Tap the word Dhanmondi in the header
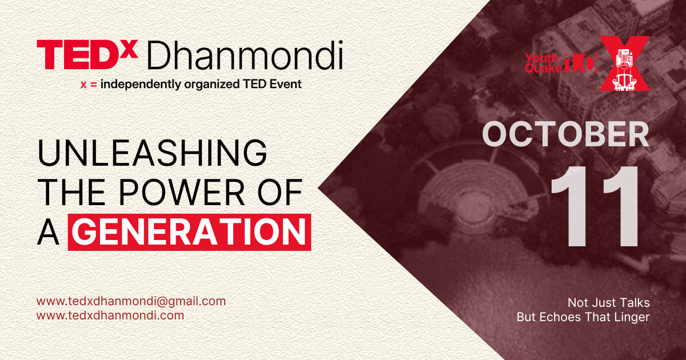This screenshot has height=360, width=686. (245, 55)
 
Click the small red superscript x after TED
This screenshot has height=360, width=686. (128, 49)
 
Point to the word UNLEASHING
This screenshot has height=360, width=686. (152, 153)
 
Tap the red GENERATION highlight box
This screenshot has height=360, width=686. (189, 232)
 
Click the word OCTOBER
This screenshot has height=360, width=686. (565, 134)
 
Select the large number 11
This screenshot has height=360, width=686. (595, 206)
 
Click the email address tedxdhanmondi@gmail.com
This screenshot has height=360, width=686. (131, 301)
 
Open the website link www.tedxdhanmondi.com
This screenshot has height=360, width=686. (110, 315)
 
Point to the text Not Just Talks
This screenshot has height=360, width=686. (608, 303)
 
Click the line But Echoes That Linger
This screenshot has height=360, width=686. (583, 317)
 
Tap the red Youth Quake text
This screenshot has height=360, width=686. (543, 63)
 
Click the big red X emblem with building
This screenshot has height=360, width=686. (624, 63)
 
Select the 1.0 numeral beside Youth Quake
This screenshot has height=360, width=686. (581, 63)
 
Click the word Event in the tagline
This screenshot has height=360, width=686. (285, 84)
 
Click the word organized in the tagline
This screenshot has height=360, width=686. (212, 85)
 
